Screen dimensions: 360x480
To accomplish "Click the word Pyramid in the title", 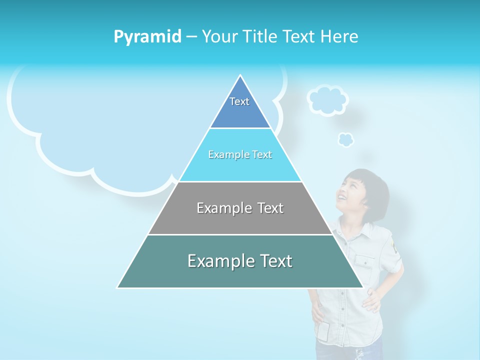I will tap(147, 37).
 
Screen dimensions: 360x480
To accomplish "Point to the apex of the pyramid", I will tap(240, 76).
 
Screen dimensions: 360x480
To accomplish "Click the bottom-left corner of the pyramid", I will tap(118, 287).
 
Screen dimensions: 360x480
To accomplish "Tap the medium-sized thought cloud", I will tap(327, 100).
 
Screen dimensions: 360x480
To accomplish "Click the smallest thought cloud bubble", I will tap(345, 139).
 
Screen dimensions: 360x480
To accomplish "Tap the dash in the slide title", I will tap(191, 37).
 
